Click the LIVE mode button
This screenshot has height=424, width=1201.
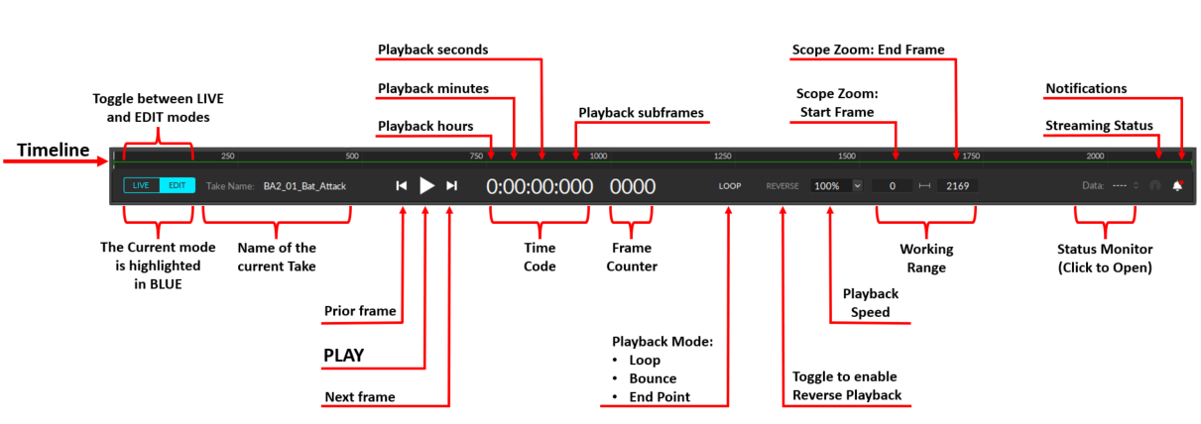141,185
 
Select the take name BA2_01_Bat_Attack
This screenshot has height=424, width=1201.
305,185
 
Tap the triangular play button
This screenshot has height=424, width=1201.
426,185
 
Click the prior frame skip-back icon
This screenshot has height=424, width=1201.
402,185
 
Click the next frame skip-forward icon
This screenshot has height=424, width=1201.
452,185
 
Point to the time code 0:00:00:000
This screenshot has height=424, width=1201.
539,185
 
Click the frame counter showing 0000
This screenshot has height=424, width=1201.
633,185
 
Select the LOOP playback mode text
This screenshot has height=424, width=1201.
731,185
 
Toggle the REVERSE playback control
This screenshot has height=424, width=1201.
782,185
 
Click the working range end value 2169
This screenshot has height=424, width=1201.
957,185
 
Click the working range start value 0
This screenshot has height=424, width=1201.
893,185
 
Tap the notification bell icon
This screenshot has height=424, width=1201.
1178,185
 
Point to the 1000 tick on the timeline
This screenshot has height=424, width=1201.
598,157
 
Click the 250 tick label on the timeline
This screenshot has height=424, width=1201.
227,157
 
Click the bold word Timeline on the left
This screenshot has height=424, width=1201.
54,151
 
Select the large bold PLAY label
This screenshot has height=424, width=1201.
344,355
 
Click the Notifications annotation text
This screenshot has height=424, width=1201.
1086,89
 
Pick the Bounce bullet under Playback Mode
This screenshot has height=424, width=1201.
652,378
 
